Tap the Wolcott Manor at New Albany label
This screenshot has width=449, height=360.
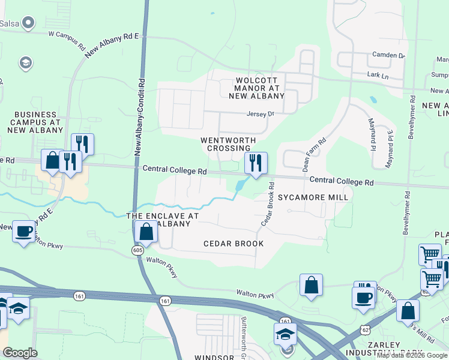pyautogui.click(x=259, y=88)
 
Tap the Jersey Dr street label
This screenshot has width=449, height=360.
pyautogui.click(x=260, y=113)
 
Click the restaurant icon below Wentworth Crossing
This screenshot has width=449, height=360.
pyautogui.click(x=256, y=162)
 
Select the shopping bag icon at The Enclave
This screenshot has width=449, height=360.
pyautogui.click(x=146, y=231)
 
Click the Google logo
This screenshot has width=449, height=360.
pyautogui.click(x=20, y=353)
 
